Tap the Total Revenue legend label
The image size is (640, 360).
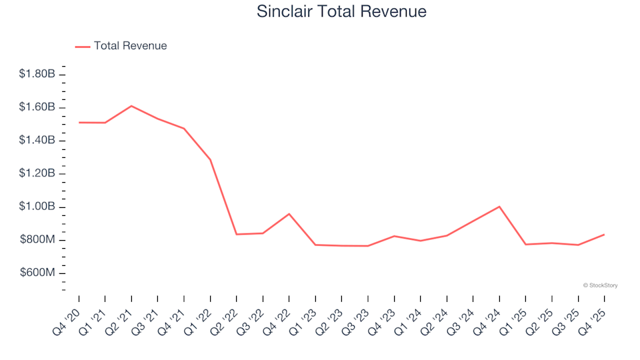130,46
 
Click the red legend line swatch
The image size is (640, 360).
83,47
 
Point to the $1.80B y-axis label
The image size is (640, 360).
37,74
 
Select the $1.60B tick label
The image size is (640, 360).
37,107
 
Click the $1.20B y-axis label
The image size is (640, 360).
37,174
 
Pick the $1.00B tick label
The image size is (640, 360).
37,207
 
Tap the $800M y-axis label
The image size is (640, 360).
37,240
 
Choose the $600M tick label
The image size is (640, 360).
37,273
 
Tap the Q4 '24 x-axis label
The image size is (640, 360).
487,315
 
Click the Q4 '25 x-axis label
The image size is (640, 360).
593,315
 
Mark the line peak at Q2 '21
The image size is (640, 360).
131,106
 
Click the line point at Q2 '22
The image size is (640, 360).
237,234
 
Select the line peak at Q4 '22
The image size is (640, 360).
289,214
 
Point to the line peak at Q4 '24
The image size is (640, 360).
499,207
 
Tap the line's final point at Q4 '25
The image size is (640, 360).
604,235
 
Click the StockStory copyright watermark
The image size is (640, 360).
600,285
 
